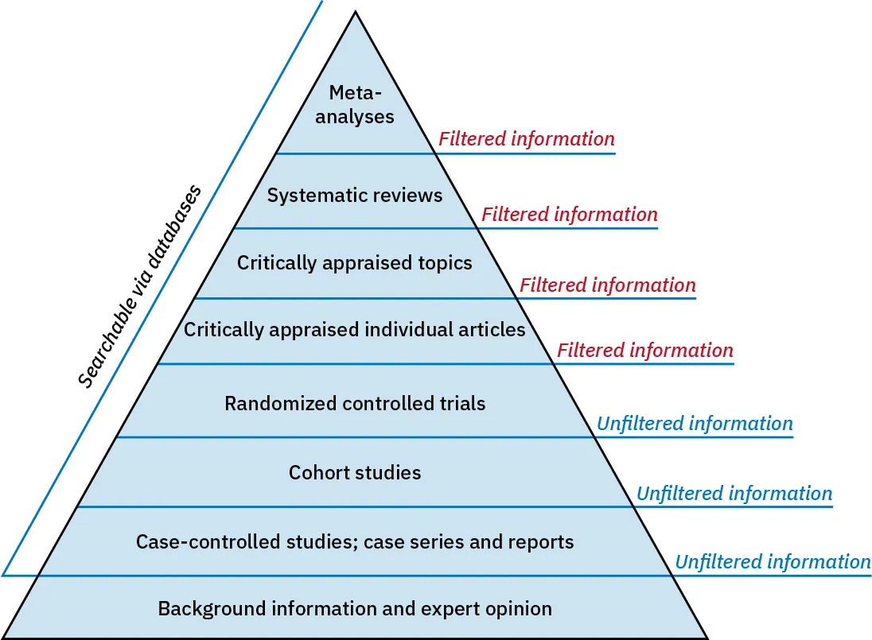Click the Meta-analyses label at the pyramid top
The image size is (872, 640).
tap(355, 105)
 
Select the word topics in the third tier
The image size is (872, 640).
tap(446, 262)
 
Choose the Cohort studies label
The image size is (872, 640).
tap(355, 473)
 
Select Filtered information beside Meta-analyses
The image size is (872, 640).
tap(527, 139)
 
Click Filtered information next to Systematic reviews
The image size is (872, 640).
tap(570, 214)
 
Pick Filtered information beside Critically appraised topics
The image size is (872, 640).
tap(608, 285)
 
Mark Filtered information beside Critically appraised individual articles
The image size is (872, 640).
tap(645, 350)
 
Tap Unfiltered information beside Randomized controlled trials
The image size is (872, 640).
tap(695, 423)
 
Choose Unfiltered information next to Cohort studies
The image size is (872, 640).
tap(734, 493)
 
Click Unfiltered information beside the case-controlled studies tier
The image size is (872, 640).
tap(773, 562)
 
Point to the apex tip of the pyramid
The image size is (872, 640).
tap(355, 12)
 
